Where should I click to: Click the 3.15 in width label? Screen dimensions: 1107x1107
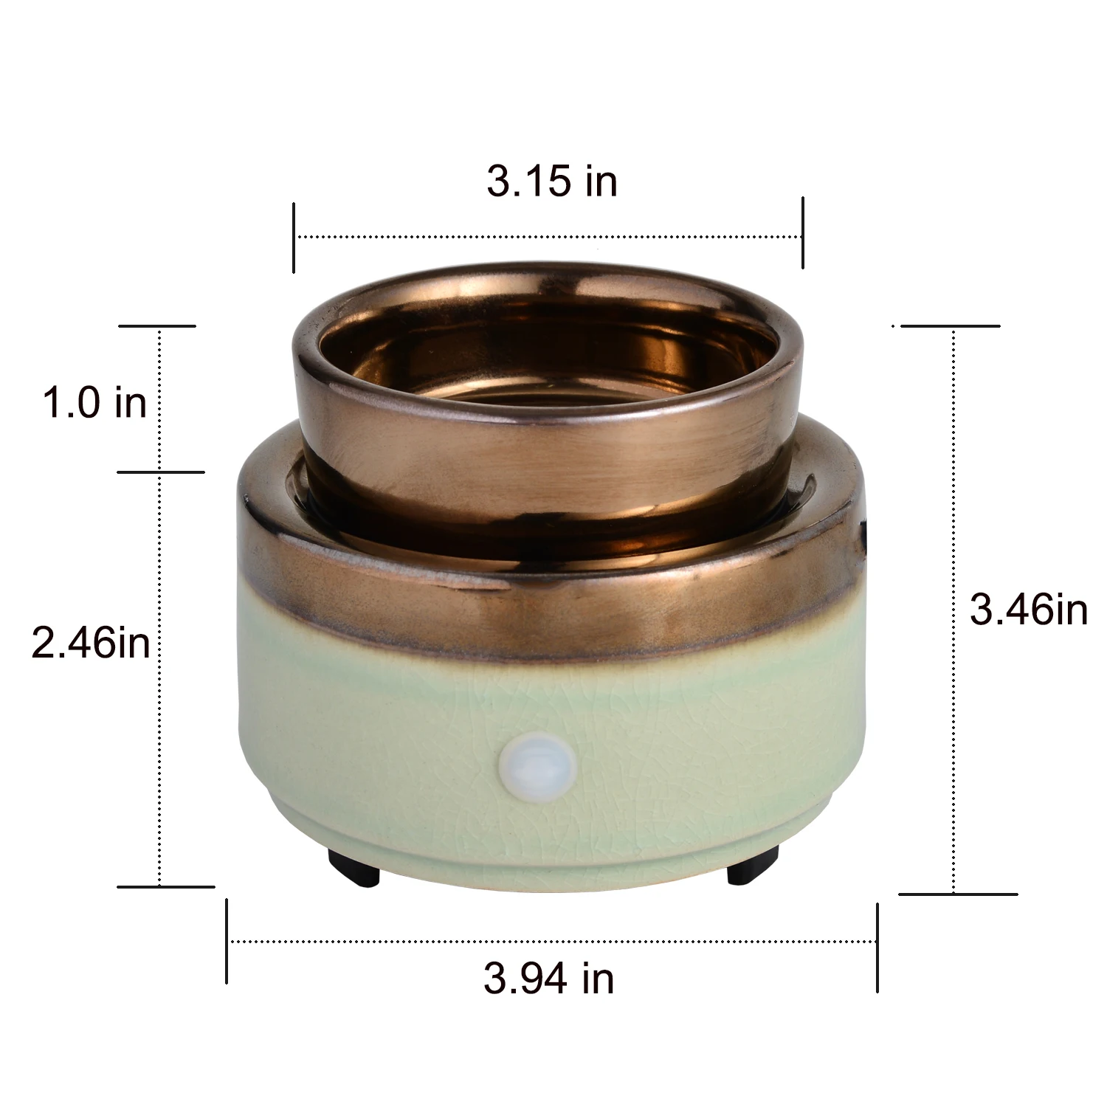coord(552,181)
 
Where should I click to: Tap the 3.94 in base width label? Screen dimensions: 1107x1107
coord(549,979)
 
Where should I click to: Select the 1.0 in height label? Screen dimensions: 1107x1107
coord(94,403)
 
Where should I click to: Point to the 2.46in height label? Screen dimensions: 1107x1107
coord(91,642)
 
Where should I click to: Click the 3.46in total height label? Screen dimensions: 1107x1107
coord(1029,610)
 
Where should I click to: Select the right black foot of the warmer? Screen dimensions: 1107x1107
coord(753,866)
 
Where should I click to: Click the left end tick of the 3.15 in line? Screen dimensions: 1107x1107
coord(294,238)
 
